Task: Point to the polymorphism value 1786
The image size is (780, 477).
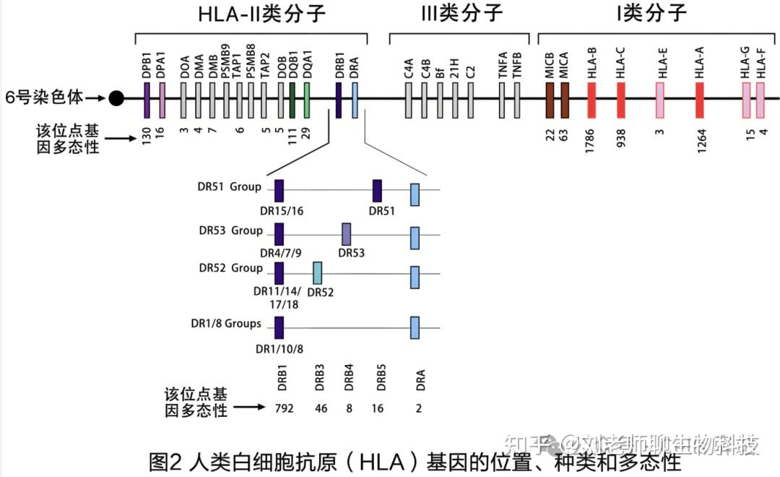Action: (592, 139)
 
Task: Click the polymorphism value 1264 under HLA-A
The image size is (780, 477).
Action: (700, 139)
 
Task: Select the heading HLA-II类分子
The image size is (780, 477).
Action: (251, 14)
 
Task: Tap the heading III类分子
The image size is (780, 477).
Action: (461, 14)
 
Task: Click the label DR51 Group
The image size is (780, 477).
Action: (230, 187)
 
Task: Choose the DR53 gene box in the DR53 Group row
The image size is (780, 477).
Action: (347, 234)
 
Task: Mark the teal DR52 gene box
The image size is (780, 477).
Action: (317, 273)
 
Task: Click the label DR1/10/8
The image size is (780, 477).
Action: (279, 349)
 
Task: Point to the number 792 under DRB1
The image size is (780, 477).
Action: (285, 408)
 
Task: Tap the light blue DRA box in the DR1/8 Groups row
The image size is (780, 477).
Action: (415, 327)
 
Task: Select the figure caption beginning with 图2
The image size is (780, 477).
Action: (414, 460)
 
